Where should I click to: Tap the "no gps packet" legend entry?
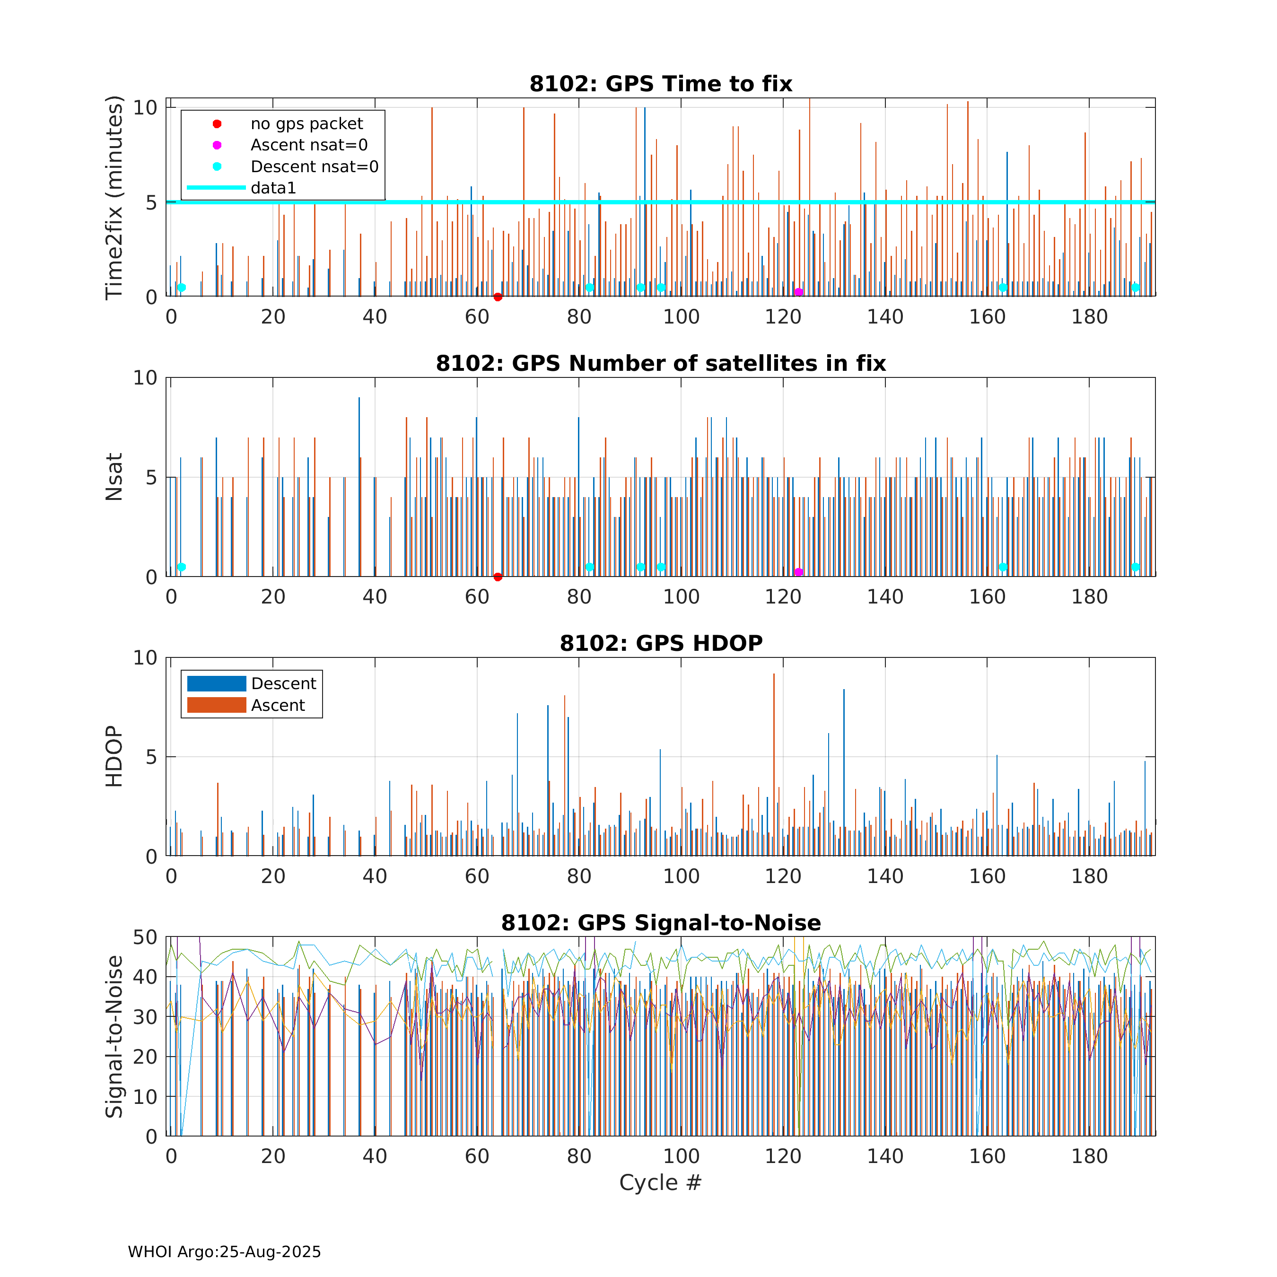(306, 123)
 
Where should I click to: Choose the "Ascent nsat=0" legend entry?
(309, 145)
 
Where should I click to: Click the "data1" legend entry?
(273, 188)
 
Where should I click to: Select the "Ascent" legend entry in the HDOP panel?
(278, 705)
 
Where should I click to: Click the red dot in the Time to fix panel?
(498, 297)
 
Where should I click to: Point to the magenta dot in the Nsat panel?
(798, 572)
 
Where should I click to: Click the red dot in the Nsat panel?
(498, 577)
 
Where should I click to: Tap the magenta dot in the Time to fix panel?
(798, 292)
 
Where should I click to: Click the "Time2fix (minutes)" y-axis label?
(114, 198)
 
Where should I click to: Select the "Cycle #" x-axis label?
(660, 1182)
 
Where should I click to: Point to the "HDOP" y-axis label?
(114, 756)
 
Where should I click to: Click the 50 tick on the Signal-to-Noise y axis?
(145, 937)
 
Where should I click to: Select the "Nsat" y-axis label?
(114, 477)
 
